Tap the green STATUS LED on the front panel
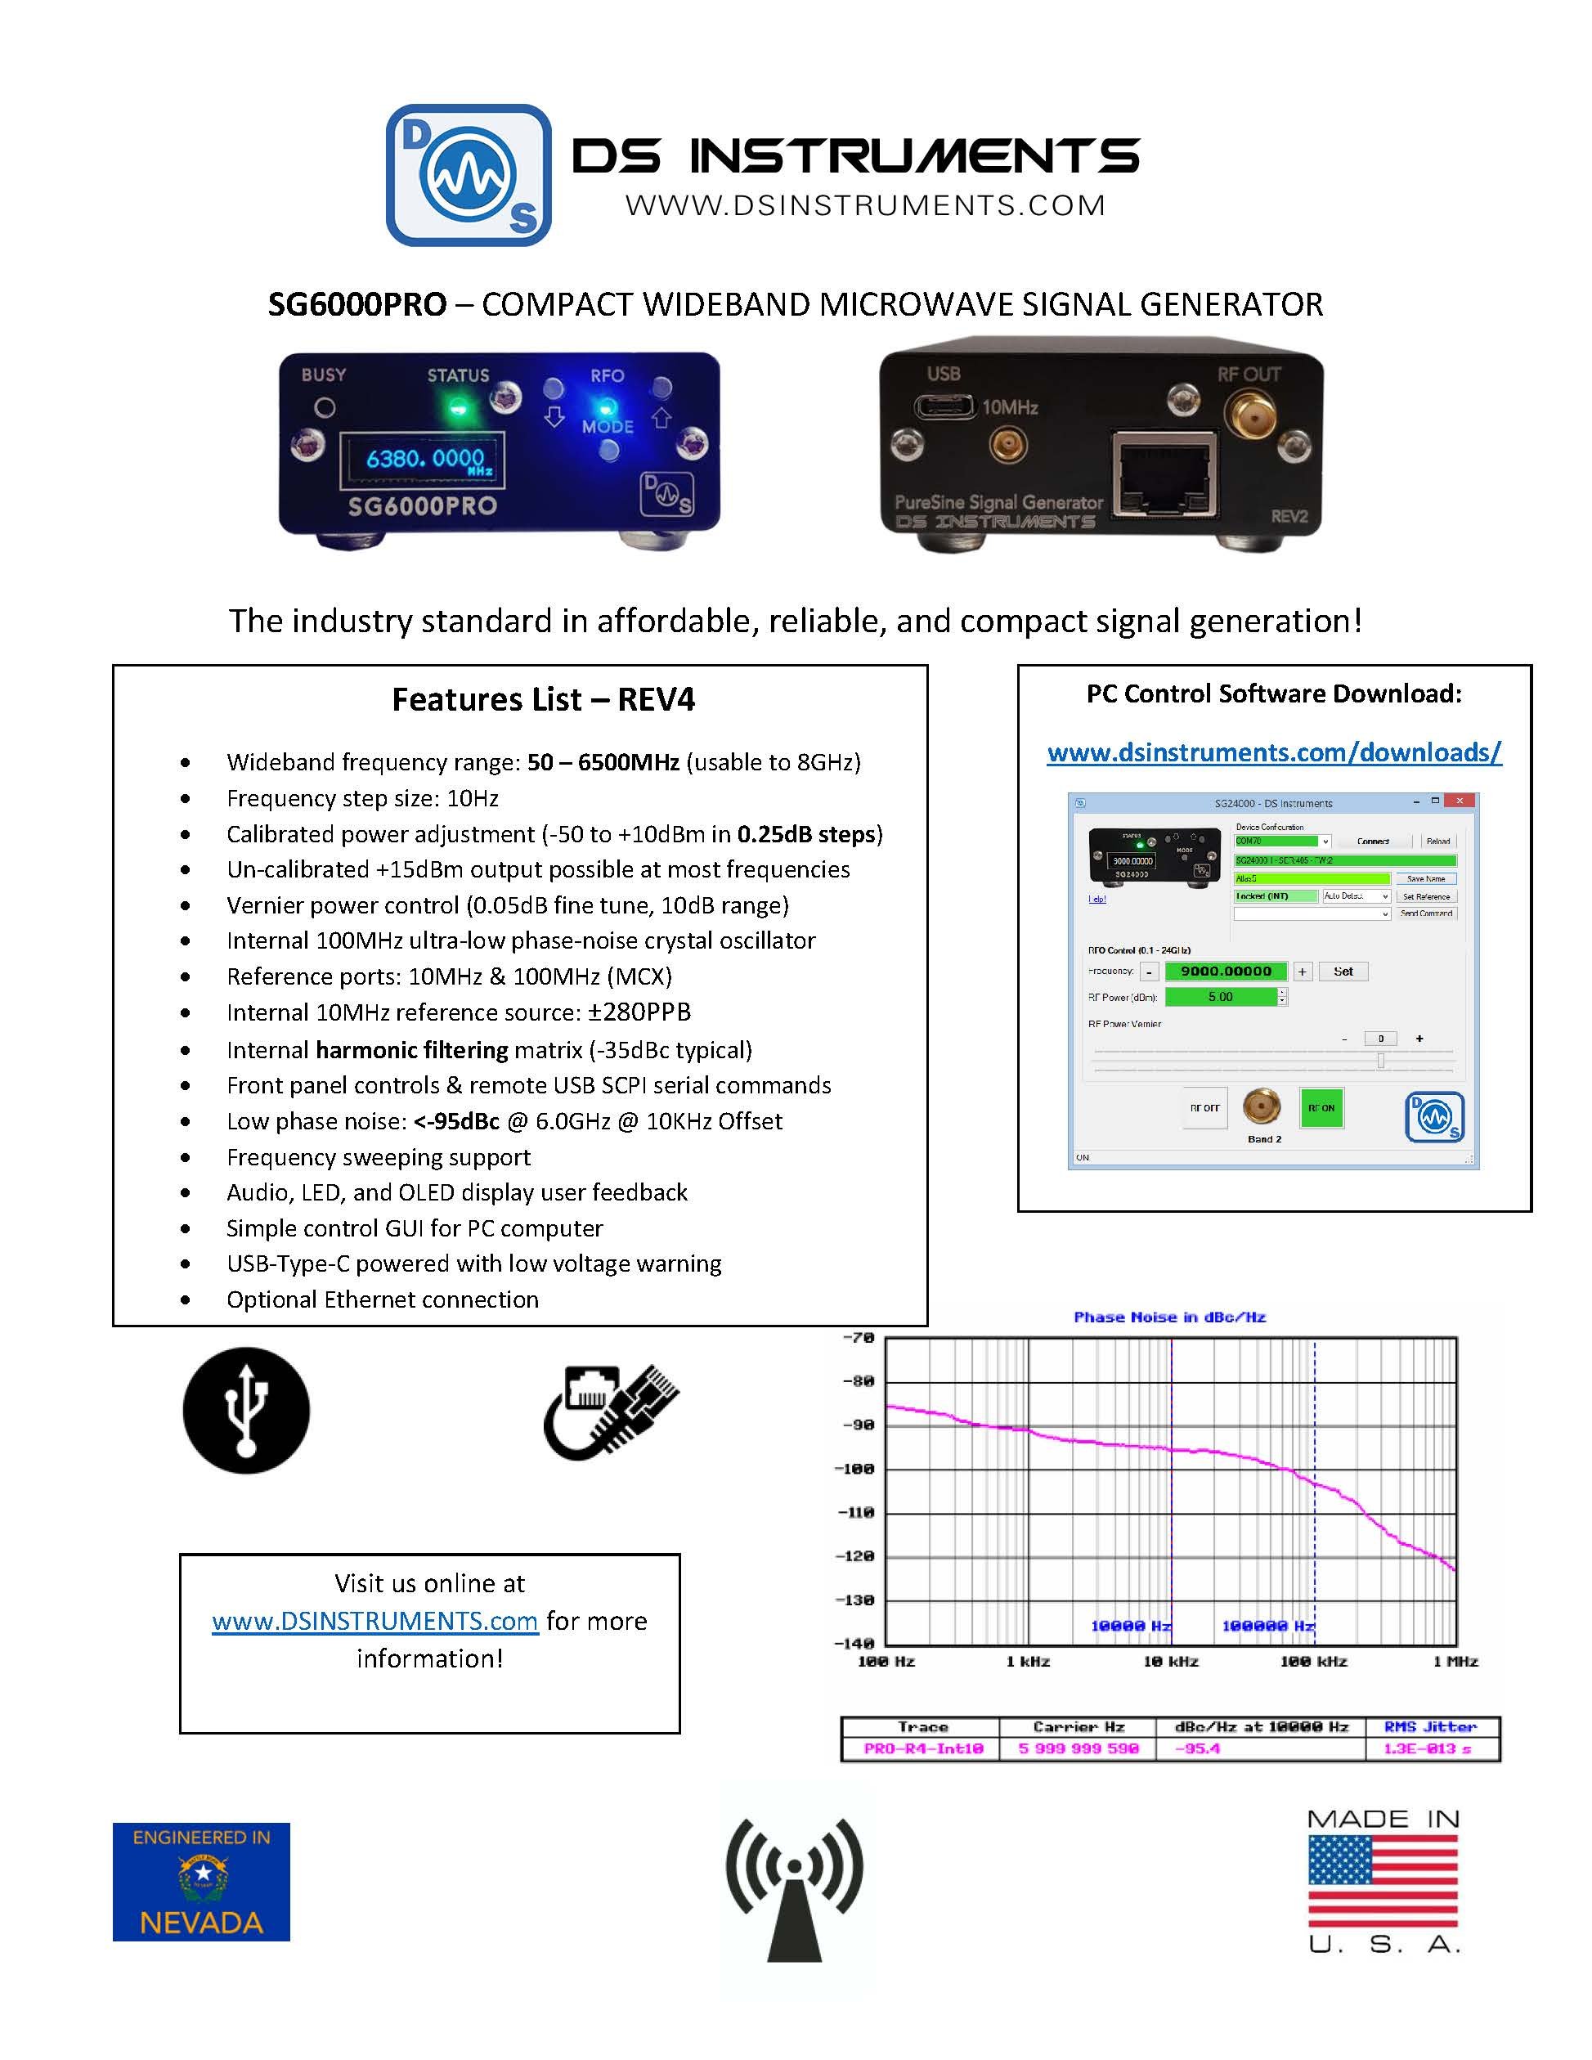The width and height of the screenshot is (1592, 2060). pos(459,407)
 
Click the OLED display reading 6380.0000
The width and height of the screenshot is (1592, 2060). pos(424,460)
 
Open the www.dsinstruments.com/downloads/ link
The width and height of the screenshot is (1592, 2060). pos(1273,752)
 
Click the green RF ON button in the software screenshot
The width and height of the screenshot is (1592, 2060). pos(1321,1107)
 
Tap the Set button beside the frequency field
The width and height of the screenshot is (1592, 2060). pos(1343,971)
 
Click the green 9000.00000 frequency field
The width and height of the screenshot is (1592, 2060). pos(1226,971)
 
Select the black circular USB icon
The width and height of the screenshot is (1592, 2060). pos(246,1410)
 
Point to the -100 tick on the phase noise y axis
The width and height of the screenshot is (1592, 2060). pos(856,1469)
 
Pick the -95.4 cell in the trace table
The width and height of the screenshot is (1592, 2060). pos(1198,1748)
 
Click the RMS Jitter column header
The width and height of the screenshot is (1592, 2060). pos(1430,1726)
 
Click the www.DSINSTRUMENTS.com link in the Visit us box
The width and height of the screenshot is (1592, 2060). pos(374,1621)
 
